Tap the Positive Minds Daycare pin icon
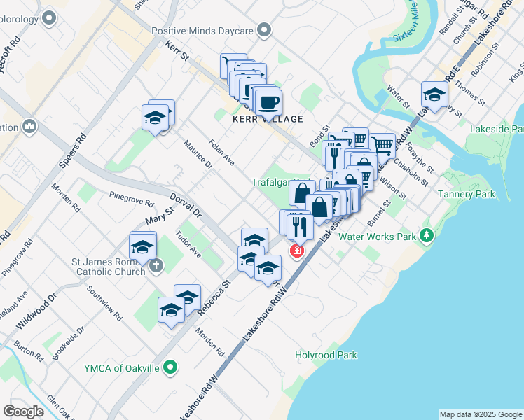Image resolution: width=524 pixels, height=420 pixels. (x=264, y=30)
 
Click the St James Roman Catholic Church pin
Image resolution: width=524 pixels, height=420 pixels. (x=156, y=266)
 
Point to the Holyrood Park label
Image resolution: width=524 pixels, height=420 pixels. (x=326, y=356)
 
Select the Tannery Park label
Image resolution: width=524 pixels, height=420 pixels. (x=467, y=194)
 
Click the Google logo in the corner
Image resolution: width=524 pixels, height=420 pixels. (x=23, y=412)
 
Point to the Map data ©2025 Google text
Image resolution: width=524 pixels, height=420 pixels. (x=481, y=414)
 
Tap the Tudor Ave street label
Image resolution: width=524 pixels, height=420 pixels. (x=188, y=244)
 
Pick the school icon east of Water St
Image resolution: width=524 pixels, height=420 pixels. (x=434, y=94)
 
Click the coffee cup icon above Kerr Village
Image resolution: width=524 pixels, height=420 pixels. (x=268, y=102)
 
